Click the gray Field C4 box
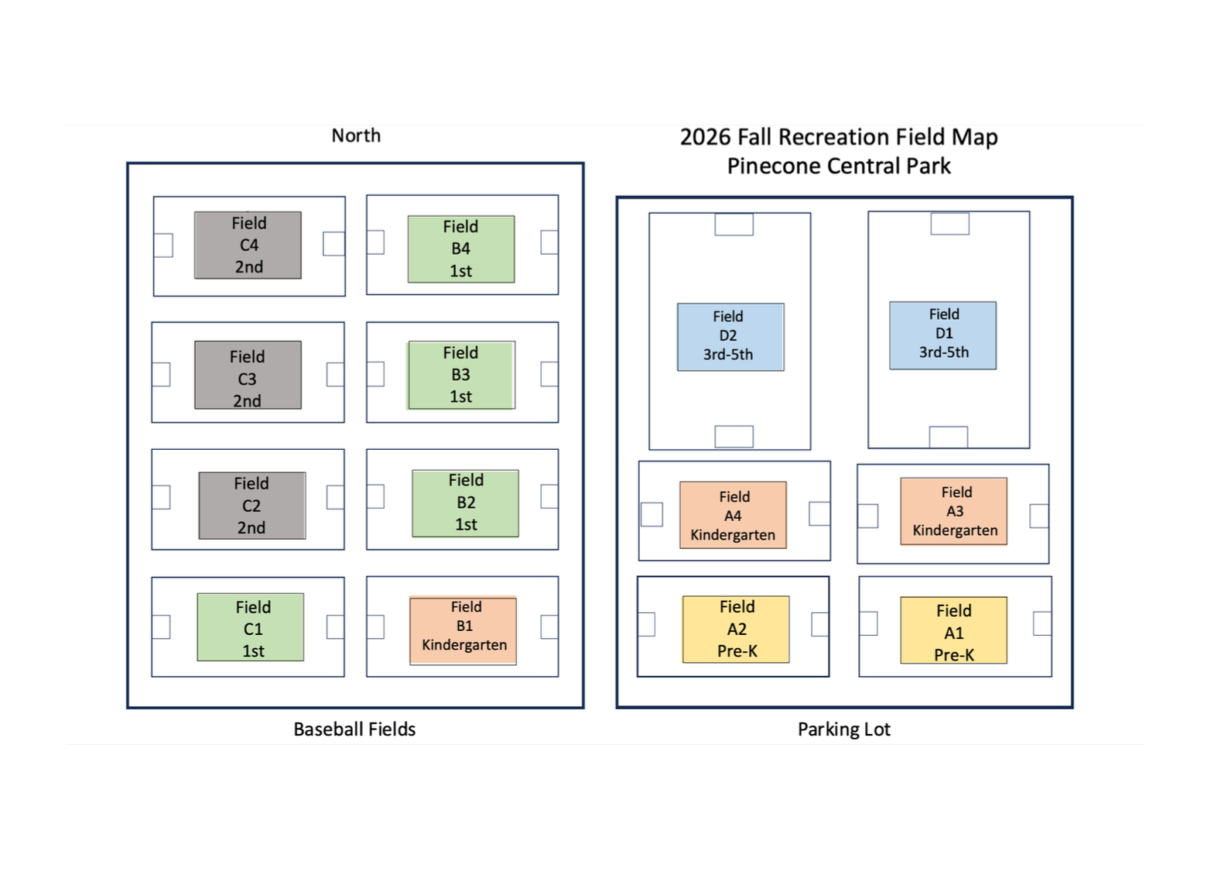[x=248, y=245]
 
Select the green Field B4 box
[x=461, y=249]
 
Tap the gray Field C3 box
[x=248, y=375]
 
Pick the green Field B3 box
[x=461, y=375]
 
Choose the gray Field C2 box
[x=252, y=506]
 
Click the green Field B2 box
[x=466, y=503]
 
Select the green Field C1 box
[x=251, y=627]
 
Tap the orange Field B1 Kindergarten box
[x=463, y=631]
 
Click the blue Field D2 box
[x=731, y=337]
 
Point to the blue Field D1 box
[x=943, y=335]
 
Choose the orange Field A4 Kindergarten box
[x=734, y=515]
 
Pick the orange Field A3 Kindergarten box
[x=954, y=511]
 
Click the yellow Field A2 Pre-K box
[x=736, y=630]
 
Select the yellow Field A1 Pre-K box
[x=954, y=630]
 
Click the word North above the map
[x=356, y=136]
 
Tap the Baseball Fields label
[x=354, y=729]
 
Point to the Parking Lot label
[x=844, y=729]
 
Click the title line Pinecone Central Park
[x=839, y=166]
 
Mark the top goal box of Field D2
[x=734, y=225]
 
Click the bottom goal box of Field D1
[x=949, y=437]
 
